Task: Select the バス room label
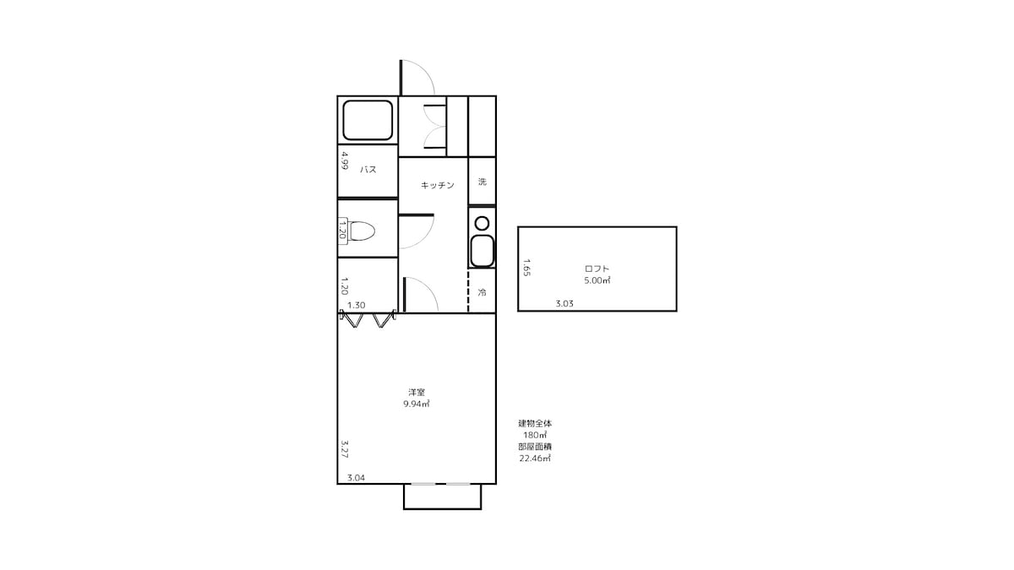(x=368, y=170)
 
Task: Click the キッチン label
(x=438, y=185)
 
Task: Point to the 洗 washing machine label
(x=482, y=182)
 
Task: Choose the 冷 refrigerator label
(x=482, y=292)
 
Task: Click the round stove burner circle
(x=482, y=223)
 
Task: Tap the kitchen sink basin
(x=482, y=251)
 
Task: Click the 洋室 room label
(x=417, y=392)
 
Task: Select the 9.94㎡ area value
(x=417, y=404)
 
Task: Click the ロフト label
(x=597, y=269)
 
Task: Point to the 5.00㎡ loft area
(x=597, y=280)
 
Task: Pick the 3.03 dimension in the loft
(x=564, y=303)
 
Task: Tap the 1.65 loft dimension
(x=526, y=268)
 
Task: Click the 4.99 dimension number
(x=345, y=160)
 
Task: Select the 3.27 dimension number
(x=345, y=449)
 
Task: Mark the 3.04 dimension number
(x=357, y=478)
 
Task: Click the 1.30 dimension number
(x=357, y=306)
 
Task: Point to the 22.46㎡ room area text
(x=535, y=459)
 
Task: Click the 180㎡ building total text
(x=535, y=435)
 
